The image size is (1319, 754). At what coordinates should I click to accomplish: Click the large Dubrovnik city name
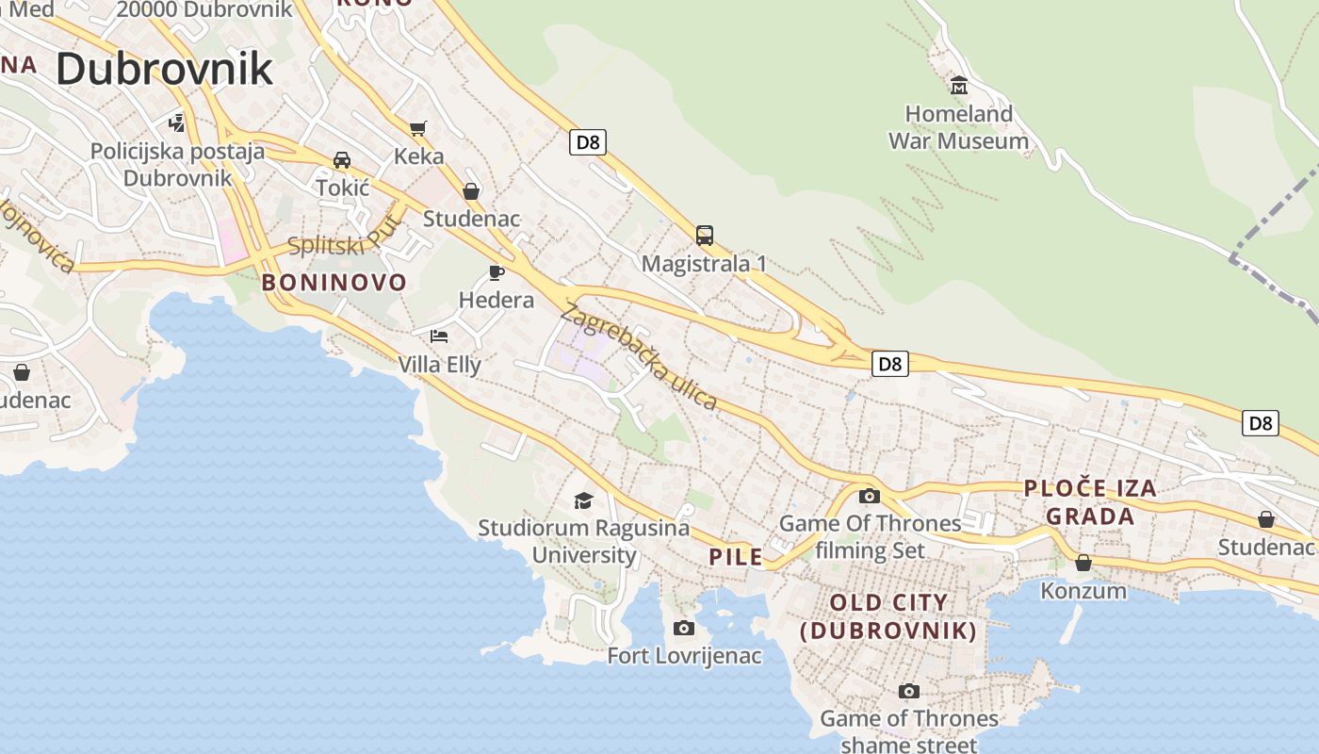coord(164,70)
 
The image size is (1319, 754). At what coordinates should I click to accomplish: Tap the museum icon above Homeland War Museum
coord(959,86)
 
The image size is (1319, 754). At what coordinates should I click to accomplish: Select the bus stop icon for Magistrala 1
coord(704,236)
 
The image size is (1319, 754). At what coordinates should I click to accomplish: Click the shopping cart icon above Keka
coord(418,128)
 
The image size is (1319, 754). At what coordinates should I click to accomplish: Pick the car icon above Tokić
coord(342,160)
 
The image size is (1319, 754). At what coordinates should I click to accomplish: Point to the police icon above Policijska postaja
coord(176,123)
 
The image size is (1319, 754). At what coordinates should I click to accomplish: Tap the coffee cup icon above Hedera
coord(496,273)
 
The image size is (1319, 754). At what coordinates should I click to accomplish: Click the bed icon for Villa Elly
coord(439,336)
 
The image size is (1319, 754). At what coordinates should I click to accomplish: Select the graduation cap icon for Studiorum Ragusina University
coord(583,500)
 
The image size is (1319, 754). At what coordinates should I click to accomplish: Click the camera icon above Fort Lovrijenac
coord(684,628)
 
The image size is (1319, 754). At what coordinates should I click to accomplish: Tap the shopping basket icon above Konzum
coord(1083,563)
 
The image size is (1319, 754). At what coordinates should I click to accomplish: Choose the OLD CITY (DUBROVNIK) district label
coord(887,616)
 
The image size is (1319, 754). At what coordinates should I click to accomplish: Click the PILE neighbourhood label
coord(736,557)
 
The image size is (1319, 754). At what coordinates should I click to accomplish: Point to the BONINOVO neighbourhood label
coord(334,282)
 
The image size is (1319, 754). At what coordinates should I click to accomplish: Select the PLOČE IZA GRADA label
coord(1090,501)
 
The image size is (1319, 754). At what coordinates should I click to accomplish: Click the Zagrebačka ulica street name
coord(639,357)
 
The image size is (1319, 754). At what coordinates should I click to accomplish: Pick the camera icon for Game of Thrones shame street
coord(908,691)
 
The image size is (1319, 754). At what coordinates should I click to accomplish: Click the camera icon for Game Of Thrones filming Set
coord(869,496)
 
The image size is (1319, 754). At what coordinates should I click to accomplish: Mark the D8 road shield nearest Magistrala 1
coord(587,142)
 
